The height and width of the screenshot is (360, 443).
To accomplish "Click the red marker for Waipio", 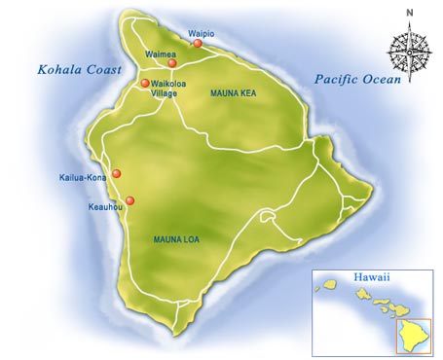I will (x=198, y=44).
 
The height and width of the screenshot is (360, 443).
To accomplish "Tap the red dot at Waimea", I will (x=172, y=63).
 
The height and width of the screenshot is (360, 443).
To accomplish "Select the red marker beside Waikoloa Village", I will (x=145, y=83).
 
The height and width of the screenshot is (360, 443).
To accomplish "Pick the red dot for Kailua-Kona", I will (x=117, y=173).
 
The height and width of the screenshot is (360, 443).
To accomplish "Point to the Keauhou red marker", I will (x=129, y=200).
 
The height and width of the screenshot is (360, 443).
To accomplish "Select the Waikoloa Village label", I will (x=171, y=89).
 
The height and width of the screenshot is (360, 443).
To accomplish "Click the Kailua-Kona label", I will (x=83, y=178).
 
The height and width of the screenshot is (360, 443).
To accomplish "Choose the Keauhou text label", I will (x=101, y=206).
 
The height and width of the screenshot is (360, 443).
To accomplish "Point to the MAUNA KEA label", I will (x=233, y=93).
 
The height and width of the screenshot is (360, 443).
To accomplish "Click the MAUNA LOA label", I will (x=177, y=238).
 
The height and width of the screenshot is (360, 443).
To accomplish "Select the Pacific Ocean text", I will (x=357, y=81).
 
